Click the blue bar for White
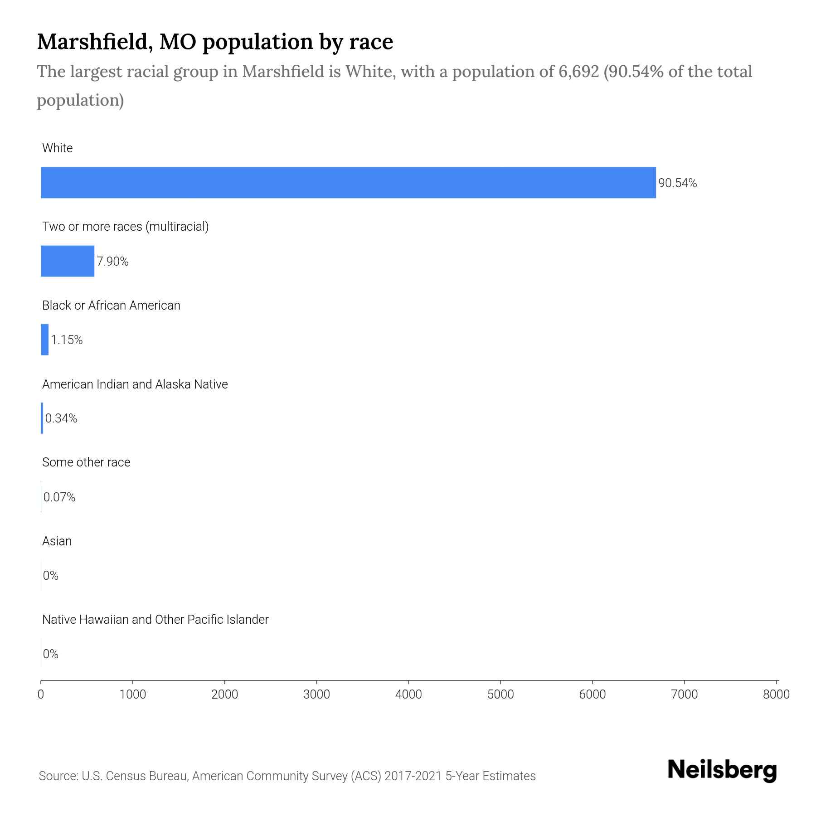348,182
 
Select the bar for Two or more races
68,261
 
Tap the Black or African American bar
44,340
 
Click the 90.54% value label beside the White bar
677,183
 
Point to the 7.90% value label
112,262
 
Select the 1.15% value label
67,340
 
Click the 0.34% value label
61,418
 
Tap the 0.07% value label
59,497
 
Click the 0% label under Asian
51,576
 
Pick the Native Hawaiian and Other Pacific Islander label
155,619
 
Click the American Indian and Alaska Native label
135,384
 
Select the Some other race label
86,462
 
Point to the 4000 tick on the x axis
408,694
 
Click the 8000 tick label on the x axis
776,694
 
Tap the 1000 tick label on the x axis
133,694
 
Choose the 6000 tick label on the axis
592,694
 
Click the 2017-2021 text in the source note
413,776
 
